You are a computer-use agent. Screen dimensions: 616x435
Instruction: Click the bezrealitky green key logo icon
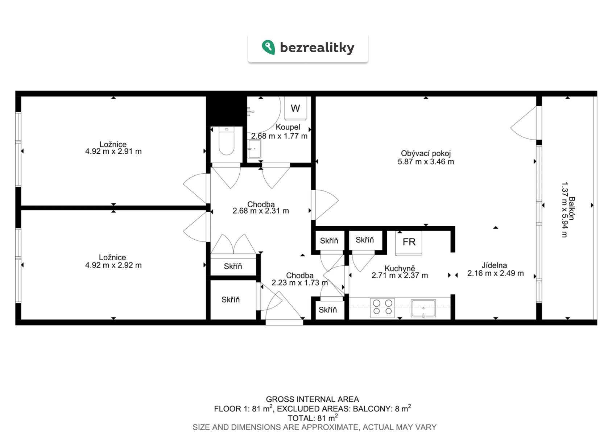click(x=268, y=47)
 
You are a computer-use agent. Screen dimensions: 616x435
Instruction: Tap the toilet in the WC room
click(x=226, y=141)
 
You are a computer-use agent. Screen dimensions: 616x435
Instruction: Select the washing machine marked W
click(x=295, y=108)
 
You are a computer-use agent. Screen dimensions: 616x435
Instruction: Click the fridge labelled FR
click(x=409, y=243)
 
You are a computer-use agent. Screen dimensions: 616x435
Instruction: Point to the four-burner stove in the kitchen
click(x=383, y=307)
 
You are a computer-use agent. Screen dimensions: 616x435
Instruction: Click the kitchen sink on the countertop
click(x=423, y=308)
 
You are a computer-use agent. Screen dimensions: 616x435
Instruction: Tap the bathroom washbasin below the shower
click(x=255, y=149)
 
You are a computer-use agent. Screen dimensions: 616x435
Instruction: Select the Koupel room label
click(x=288, y=127)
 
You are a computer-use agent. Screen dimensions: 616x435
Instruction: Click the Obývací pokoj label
click(x=426, y=153)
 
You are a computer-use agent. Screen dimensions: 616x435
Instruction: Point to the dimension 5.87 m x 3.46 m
click(x=426, y=162)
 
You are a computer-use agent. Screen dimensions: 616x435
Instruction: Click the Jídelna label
click(x=494, y=265)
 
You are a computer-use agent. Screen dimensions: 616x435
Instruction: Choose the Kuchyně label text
click(x=400, y=268)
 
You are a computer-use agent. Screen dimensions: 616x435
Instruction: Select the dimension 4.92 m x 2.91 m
click(x=113, y=151)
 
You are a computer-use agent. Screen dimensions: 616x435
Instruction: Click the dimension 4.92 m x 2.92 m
click(x=113, y=265)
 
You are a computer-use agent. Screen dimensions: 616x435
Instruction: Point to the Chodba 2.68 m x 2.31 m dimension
click(x=261, y=211)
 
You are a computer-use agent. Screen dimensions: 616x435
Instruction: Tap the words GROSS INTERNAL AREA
click(x=313, y=399)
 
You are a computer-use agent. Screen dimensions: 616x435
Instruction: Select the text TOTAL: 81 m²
click(x=313, y=418)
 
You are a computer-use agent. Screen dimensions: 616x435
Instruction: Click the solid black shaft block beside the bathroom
click(x=226, y=111)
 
